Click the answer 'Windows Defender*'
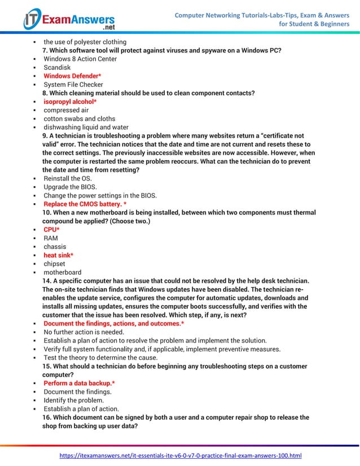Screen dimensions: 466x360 tap(72, 76)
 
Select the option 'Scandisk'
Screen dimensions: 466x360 tap(57, 67)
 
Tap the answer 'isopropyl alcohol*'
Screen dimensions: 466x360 tap(70, 102)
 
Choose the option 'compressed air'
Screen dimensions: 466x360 tap(66, 110)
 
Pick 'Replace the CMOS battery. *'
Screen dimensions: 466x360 tap(85, 204)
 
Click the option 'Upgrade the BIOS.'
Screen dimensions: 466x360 tap(69, 187)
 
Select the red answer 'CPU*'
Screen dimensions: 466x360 tap(51, 230)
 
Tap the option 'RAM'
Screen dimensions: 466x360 tap(51, 238)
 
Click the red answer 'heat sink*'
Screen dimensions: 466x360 tap(58, 255)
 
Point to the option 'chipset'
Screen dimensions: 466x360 tap(54, 263)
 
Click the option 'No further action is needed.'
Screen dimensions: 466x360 tap(84, 332)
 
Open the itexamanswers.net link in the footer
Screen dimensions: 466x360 tap(181, 455)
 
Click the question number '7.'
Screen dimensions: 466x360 tap(46, 51)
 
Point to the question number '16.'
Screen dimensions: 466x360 tap(47, 417)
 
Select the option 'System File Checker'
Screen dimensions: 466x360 tap(73, 85)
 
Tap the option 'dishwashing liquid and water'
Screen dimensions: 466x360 tap(86, 128)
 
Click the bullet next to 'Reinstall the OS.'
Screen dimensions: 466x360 tap(35, 179)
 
